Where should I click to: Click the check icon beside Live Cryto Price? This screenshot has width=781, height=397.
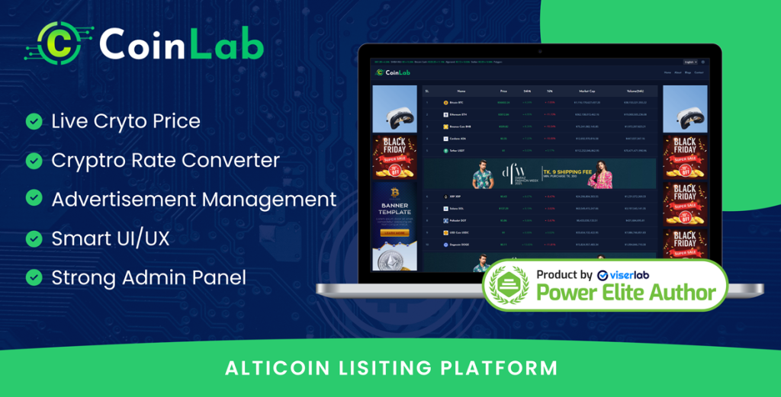click(x=34, y=121)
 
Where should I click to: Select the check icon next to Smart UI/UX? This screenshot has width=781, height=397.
click(x=34, y=239)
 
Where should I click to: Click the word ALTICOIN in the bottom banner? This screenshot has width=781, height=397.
click(x=272, y=368)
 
